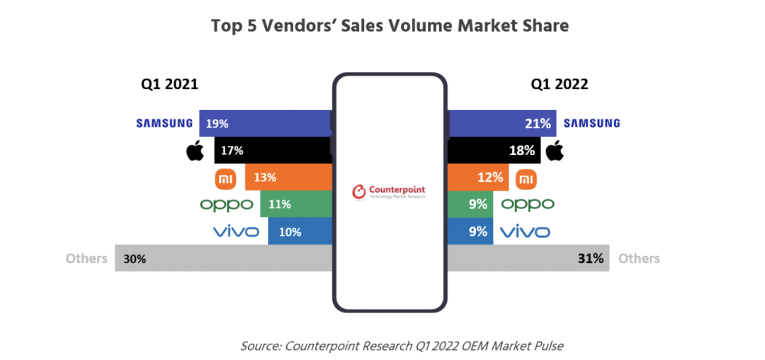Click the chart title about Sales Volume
click(390, 26)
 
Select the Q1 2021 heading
click(169, 84)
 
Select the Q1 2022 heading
click(560, 84)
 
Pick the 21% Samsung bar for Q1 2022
click(501, 123)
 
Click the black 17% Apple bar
click(273, 150)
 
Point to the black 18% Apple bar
click(494, 150)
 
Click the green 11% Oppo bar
click(295, 204)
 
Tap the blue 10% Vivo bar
click(300, 231)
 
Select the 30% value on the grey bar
click(135, 259)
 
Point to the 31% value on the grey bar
click(590, 259)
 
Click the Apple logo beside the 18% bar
click(555, 150)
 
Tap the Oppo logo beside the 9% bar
click(528, 205)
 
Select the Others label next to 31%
click(639, 259)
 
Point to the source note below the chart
click(402, 346)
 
